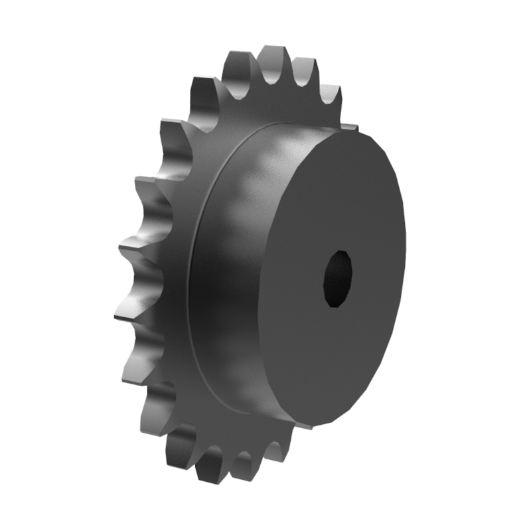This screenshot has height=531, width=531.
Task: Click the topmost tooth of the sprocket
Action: tap(272, 56)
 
